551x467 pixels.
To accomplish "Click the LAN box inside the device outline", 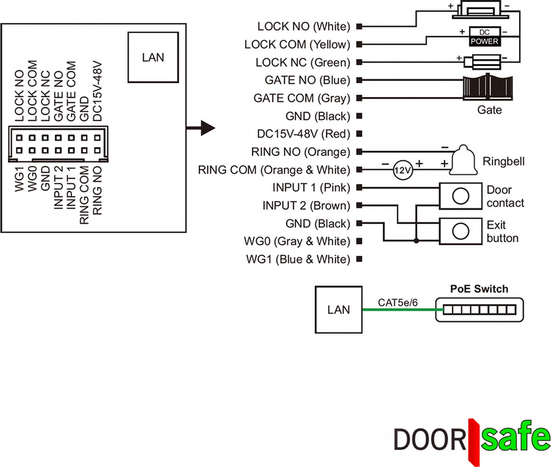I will [153, 57].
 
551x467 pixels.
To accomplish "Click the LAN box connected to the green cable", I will [338, 309].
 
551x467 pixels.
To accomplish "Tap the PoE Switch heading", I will [479, 289].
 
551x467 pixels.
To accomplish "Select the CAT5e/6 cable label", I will [398, 303].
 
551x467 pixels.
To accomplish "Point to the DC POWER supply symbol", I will [484, 37].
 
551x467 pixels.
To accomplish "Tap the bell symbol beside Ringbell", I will [464, 161].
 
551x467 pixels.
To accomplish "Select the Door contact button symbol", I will [460, 196].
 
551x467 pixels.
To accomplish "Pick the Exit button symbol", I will [460, 231].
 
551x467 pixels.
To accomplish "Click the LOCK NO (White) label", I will [304, 27].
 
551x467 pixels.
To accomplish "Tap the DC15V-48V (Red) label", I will [304, 134].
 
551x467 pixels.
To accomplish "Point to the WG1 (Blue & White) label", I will [298, 259].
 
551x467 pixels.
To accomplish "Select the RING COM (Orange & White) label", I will [274, 170].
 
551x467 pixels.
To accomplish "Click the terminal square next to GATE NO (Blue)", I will [360, 80].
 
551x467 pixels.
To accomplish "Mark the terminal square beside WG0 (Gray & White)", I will [360, 242].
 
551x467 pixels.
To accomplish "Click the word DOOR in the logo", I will [430, 439].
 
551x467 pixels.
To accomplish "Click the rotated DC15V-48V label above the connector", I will [97, 91].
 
